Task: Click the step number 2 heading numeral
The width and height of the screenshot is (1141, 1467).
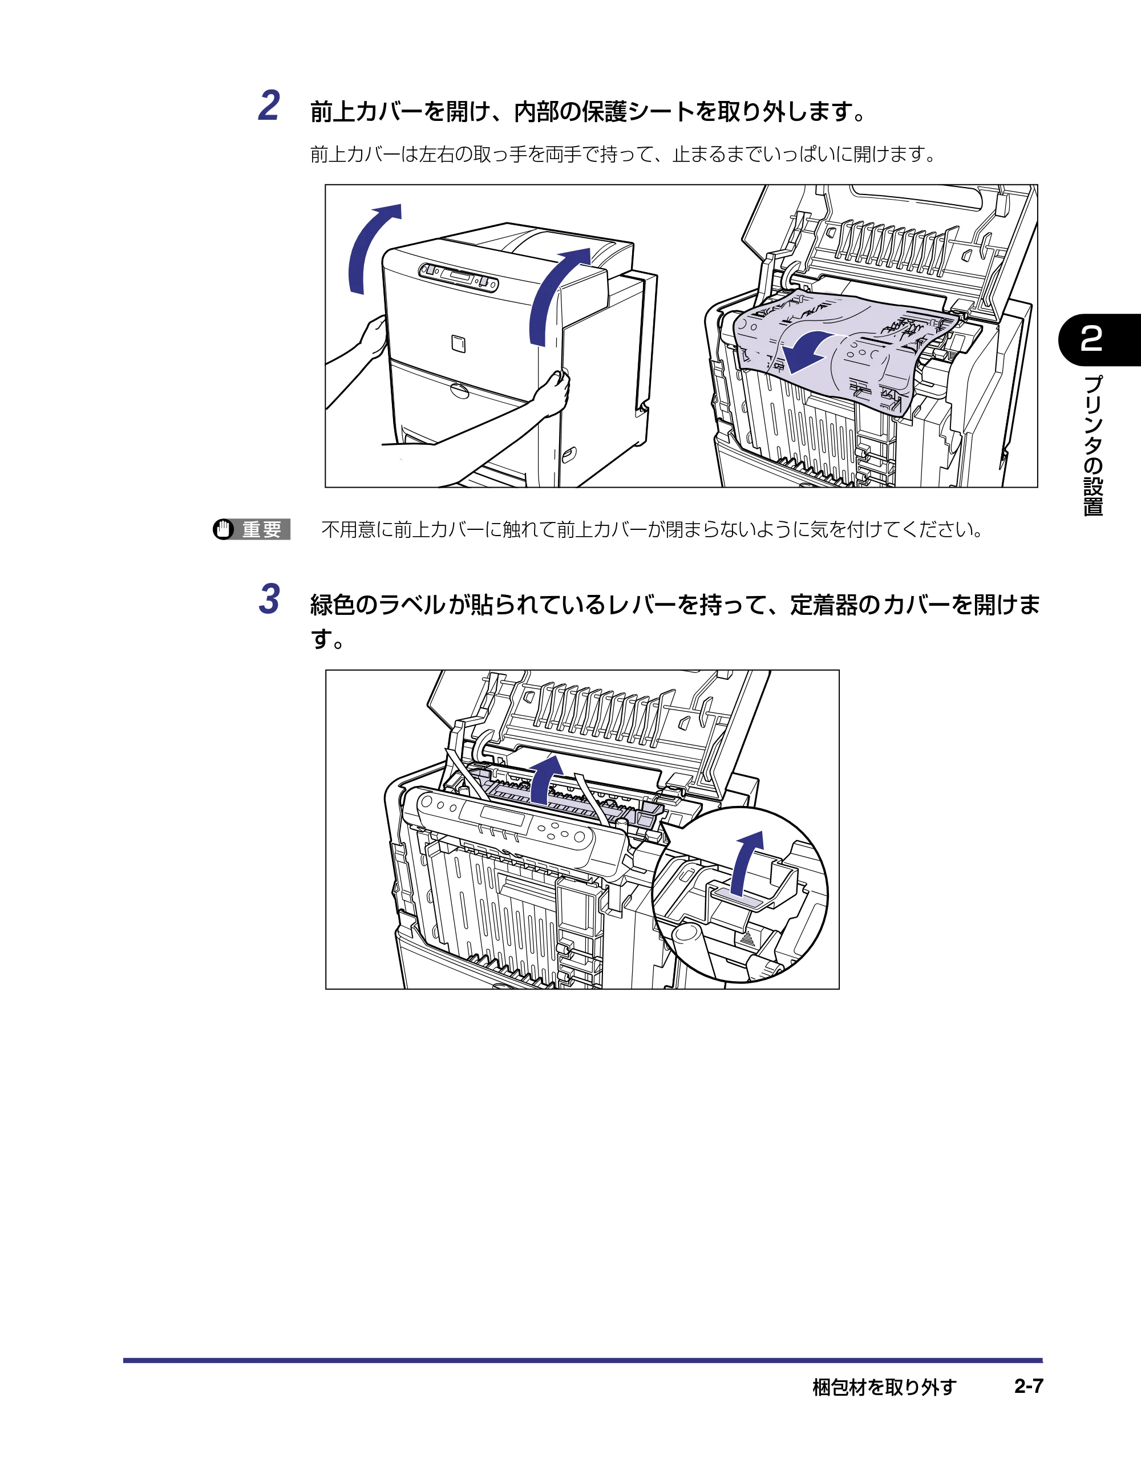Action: [x=269, y=106]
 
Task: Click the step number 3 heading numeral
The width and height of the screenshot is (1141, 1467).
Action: [x=269, y=599]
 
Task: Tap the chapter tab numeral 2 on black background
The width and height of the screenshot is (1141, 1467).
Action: [x=1091, y=339]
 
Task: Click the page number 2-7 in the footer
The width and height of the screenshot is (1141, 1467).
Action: [x=1028, y=1387]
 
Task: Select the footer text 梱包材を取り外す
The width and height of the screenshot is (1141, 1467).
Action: [x=884, y=1387]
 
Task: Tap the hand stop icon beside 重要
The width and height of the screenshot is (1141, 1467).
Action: [x=223, y=529]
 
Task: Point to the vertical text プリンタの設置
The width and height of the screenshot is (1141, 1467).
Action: [x=1093, y=445]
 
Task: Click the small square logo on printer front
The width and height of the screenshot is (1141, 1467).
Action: [x=458, y=343]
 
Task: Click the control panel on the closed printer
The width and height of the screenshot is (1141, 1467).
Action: [x=458, y=277]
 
